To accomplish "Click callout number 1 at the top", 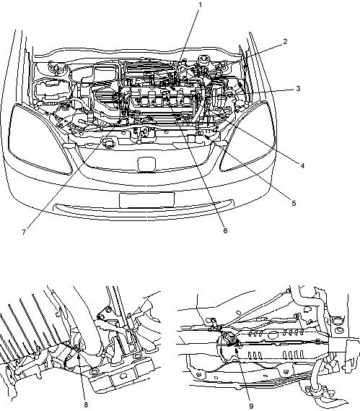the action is click(201, 5).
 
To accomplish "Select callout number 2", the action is click(285, 41).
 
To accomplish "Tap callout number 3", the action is click(298, 88).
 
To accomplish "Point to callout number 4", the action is click(302, 165).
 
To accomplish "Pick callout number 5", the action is click(294, 203).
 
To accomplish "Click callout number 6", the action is click(225, 230).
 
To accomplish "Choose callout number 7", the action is click(24, 233).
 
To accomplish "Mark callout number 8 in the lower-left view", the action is click(86, 404).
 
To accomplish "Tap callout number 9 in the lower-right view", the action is click(251, 406).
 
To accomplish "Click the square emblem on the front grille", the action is click(146, 165).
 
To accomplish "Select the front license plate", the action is click(146, 200).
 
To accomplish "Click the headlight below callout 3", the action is click(247, 137).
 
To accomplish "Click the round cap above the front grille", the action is click(108, 144).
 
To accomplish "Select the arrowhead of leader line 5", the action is click(207, 137).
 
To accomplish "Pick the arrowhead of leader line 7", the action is click(120, 121).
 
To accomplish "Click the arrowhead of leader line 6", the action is click(167, 98).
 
